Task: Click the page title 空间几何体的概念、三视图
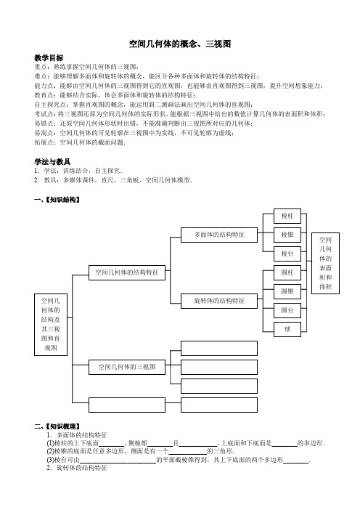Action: pos(180,44)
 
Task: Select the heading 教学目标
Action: pos(49,58)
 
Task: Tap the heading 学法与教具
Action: pos(52,162)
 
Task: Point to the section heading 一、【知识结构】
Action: pos(57,200)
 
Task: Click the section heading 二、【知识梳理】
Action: pos(57,426)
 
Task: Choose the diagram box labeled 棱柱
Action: pos(287,216)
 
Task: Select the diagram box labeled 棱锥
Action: pos(287,235)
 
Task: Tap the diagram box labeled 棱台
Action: pos(287,254)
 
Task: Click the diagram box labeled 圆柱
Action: pos(287,272)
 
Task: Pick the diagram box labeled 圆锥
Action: pos(287,291)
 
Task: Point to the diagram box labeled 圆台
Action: pos(287,310)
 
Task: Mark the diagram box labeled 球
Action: pos(287,329)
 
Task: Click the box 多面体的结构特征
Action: pos(219,235)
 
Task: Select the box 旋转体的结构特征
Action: pos(219,301)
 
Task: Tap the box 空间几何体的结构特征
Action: pos(127,272)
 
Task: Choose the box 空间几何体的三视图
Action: pos(127,367)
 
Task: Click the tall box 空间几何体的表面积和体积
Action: pos(325,263)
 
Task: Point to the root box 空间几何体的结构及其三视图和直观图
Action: pos(51,325)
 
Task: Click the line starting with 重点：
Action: pos(86,67)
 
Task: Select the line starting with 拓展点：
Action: pos(80,142)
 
